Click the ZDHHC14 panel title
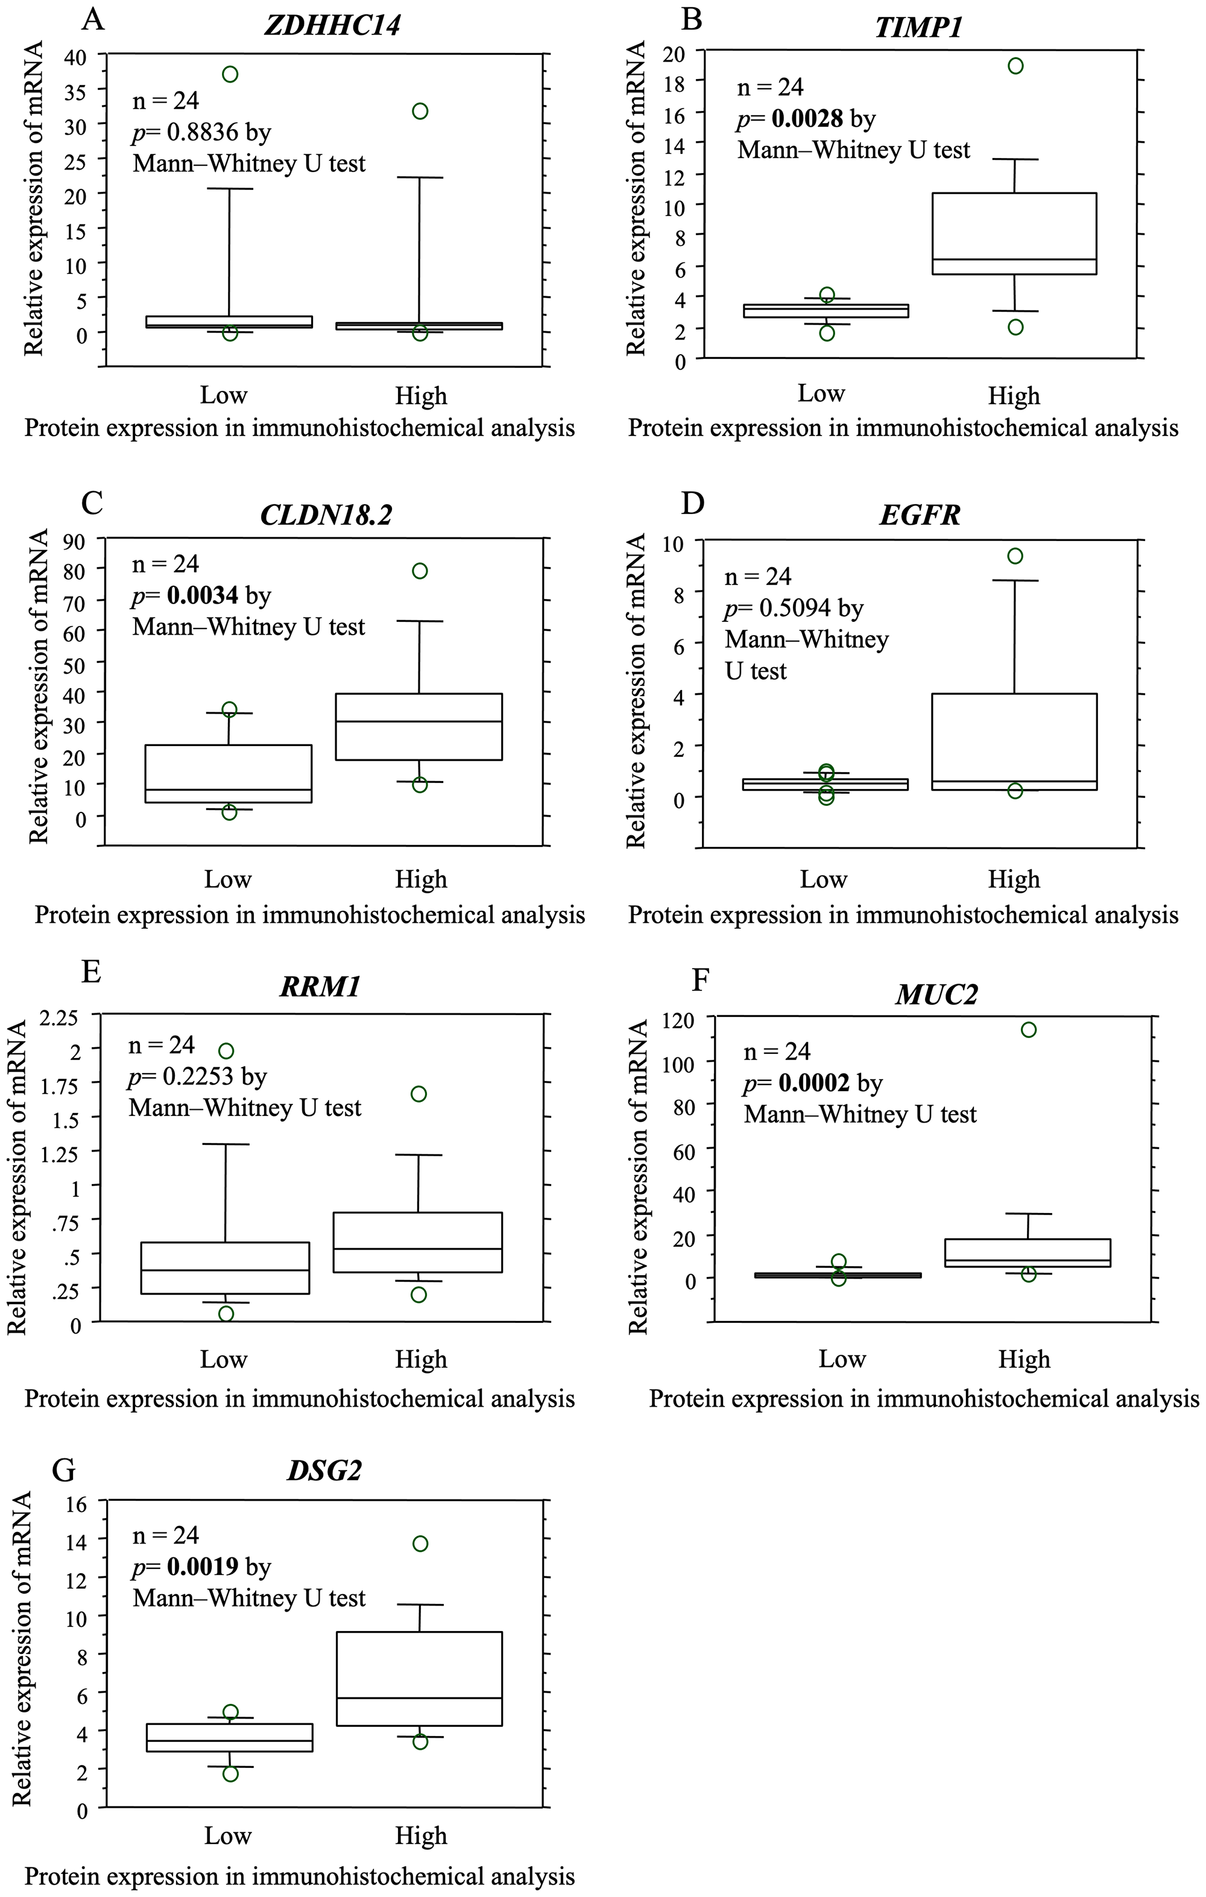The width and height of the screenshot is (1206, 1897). [332, 25]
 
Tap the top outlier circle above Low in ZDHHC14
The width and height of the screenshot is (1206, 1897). [230, 74]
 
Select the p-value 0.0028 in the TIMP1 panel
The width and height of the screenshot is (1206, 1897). [807, 119]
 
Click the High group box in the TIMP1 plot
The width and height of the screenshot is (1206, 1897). [1015, 233]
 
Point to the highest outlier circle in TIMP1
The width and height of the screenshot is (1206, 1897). [1015, 65]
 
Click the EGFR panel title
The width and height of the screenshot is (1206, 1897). [919, 515]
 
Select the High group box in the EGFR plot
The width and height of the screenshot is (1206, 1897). [1015, 741]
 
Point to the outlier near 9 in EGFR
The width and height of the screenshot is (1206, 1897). [1015, 556]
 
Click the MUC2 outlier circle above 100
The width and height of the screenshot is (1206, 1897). [1028, 1030]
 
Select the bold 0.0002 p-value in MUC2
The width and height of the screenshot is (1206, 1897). [813, 1083]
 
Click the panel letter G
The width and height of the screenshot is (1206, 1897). [63, 1470]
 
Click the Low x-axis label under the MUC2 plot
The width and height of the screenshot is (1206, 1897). [841, 1359]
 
